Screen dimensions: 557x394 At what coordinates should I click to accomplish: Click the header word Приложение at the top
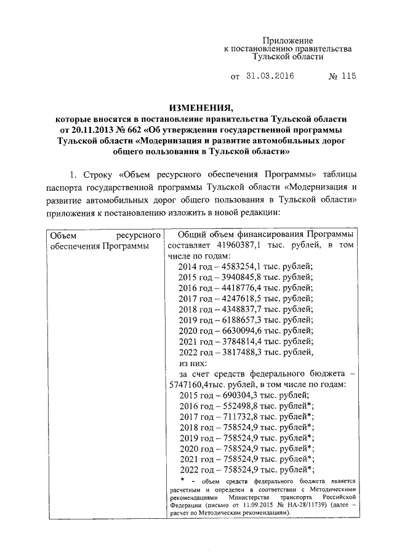[289, 39]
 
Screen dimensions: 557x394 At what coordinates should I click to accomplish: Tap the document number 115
[348, 77]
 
